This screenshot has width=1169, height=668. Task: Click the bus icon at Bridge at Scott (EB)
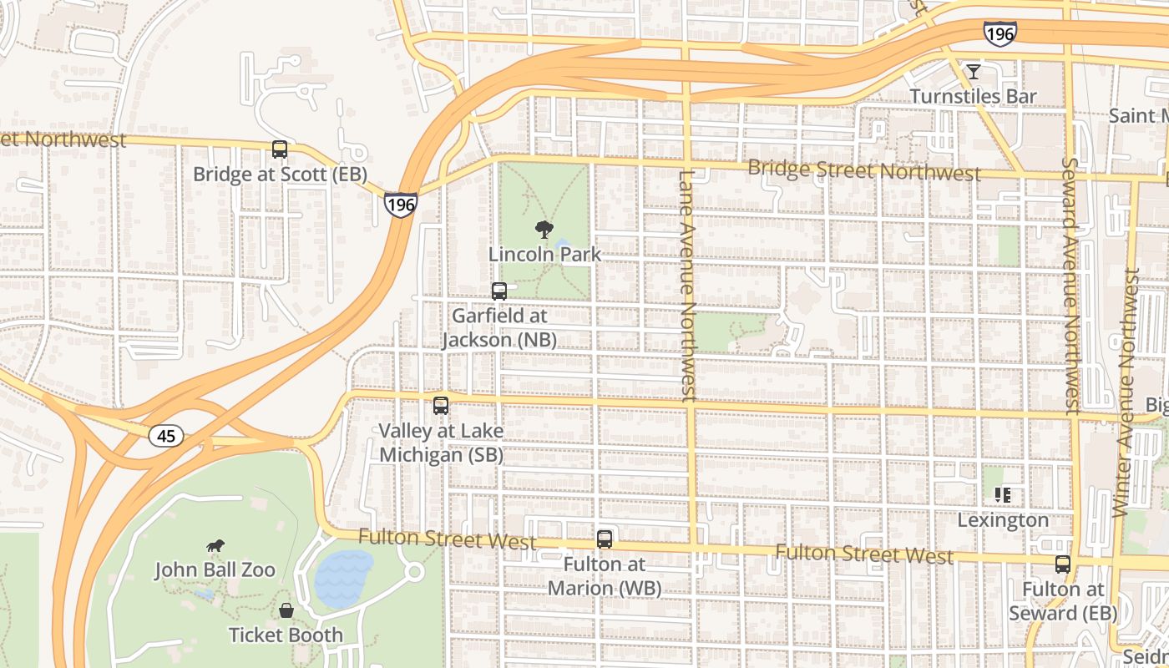(x=280, y=149)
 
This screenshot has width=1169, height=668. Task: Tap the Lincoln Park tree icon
(x=544, y=230)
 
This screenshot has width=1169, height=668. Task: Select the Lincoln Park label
(x=544, y=254)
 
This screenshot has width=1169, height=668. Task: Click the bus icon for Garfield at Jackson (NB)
(x=499, y=291)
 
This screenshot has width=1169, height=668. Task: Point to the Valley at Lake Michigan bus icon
(x=441, y=406)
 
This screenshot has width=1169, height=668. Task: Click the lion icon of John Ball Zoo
(x=215, y=546)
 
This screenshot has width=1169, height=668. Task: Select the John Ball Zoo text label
(x=215, y=570)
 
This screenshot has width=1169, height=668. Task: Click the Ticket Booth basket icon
(x=286, y=610)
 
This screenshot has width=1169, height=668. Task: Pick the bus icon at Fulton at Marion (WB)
(x=605, y=539)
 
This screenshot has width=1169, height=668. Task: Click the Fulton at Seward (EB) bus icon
(x=1062, y=564)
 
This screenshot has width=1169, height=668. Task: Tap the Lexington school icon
(x=1003, y=495)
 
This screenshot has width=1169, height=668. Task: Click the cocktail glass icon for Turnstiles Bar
(x=973, y=72)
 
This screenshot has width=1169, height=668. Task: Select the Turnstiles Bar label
(x=973, y=97)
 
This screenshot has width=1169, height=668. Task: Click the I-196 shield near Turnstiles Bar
(x=999, y=33)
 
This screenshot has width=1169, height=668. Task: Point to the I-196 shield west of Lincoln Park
(x=401, y=203)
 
